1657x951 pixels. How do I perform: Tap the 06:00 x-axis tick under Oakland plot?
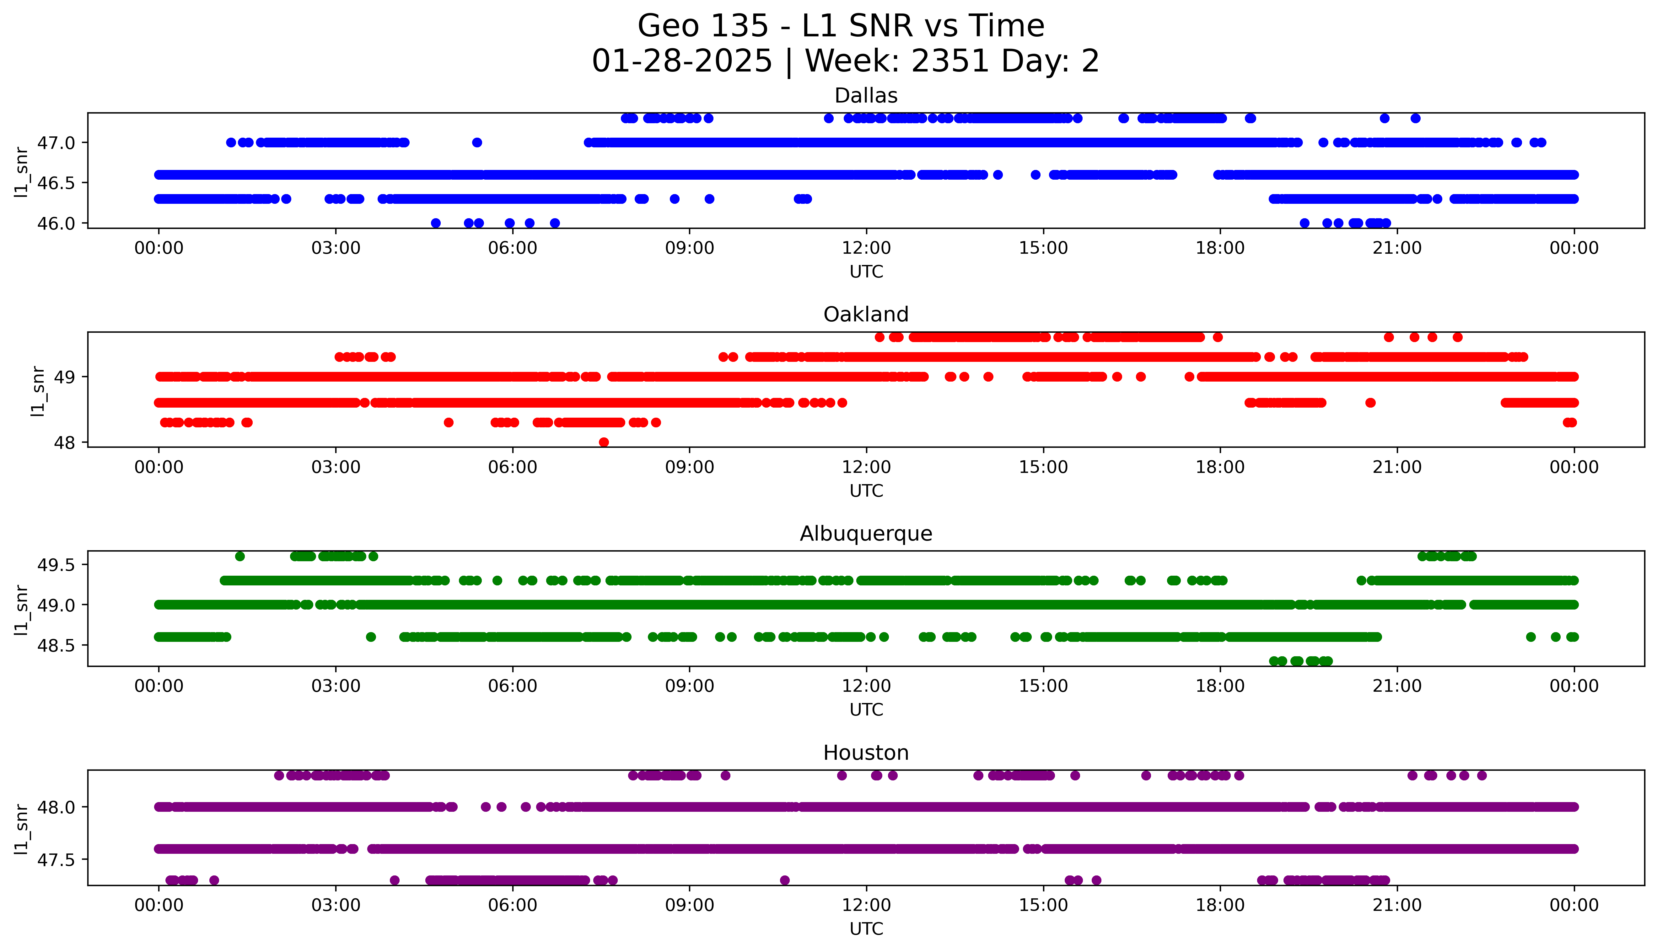[x=513, y=467]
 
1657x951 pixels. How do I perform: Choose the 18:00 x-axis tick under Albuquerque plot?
[x=1220, y=686]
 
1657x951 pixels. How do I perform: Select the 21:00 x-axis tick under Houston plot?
[x=1397, y=905]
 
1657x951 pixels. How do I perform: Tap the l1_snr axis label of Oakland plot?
[x=38, y=391]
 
